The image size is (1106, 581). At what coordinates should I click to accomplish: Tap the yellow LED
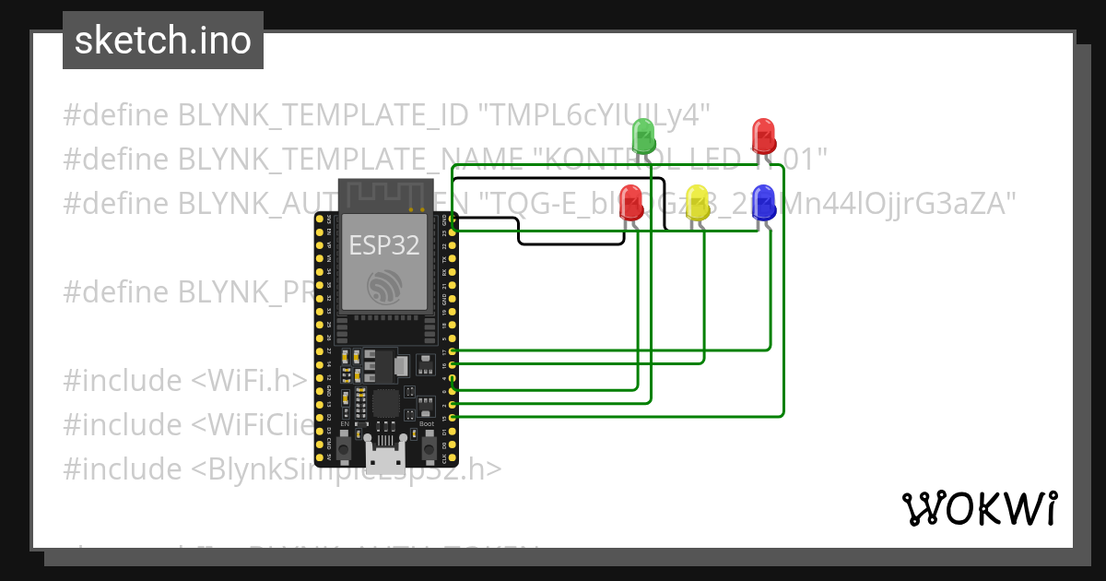(699, 203)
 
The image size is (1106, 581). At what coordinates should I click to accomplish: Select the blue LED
(764, 203)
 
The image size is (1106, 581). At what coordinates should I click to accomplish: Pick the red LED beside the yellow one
(631, 203)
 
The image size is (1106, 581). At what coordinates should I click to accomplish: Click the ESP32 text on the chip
(384, 245)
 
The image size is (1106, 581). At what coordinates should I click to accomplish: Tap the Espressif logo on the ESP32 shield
(384, 287)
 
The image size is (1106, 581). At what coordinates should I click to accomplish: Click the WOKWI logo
(979, 508)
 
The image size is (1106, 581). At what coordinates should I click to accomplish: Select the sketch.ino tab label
(163, 41)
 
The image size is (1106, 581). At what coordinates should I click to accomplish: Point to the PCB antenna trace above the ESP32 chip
(384, 195)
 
